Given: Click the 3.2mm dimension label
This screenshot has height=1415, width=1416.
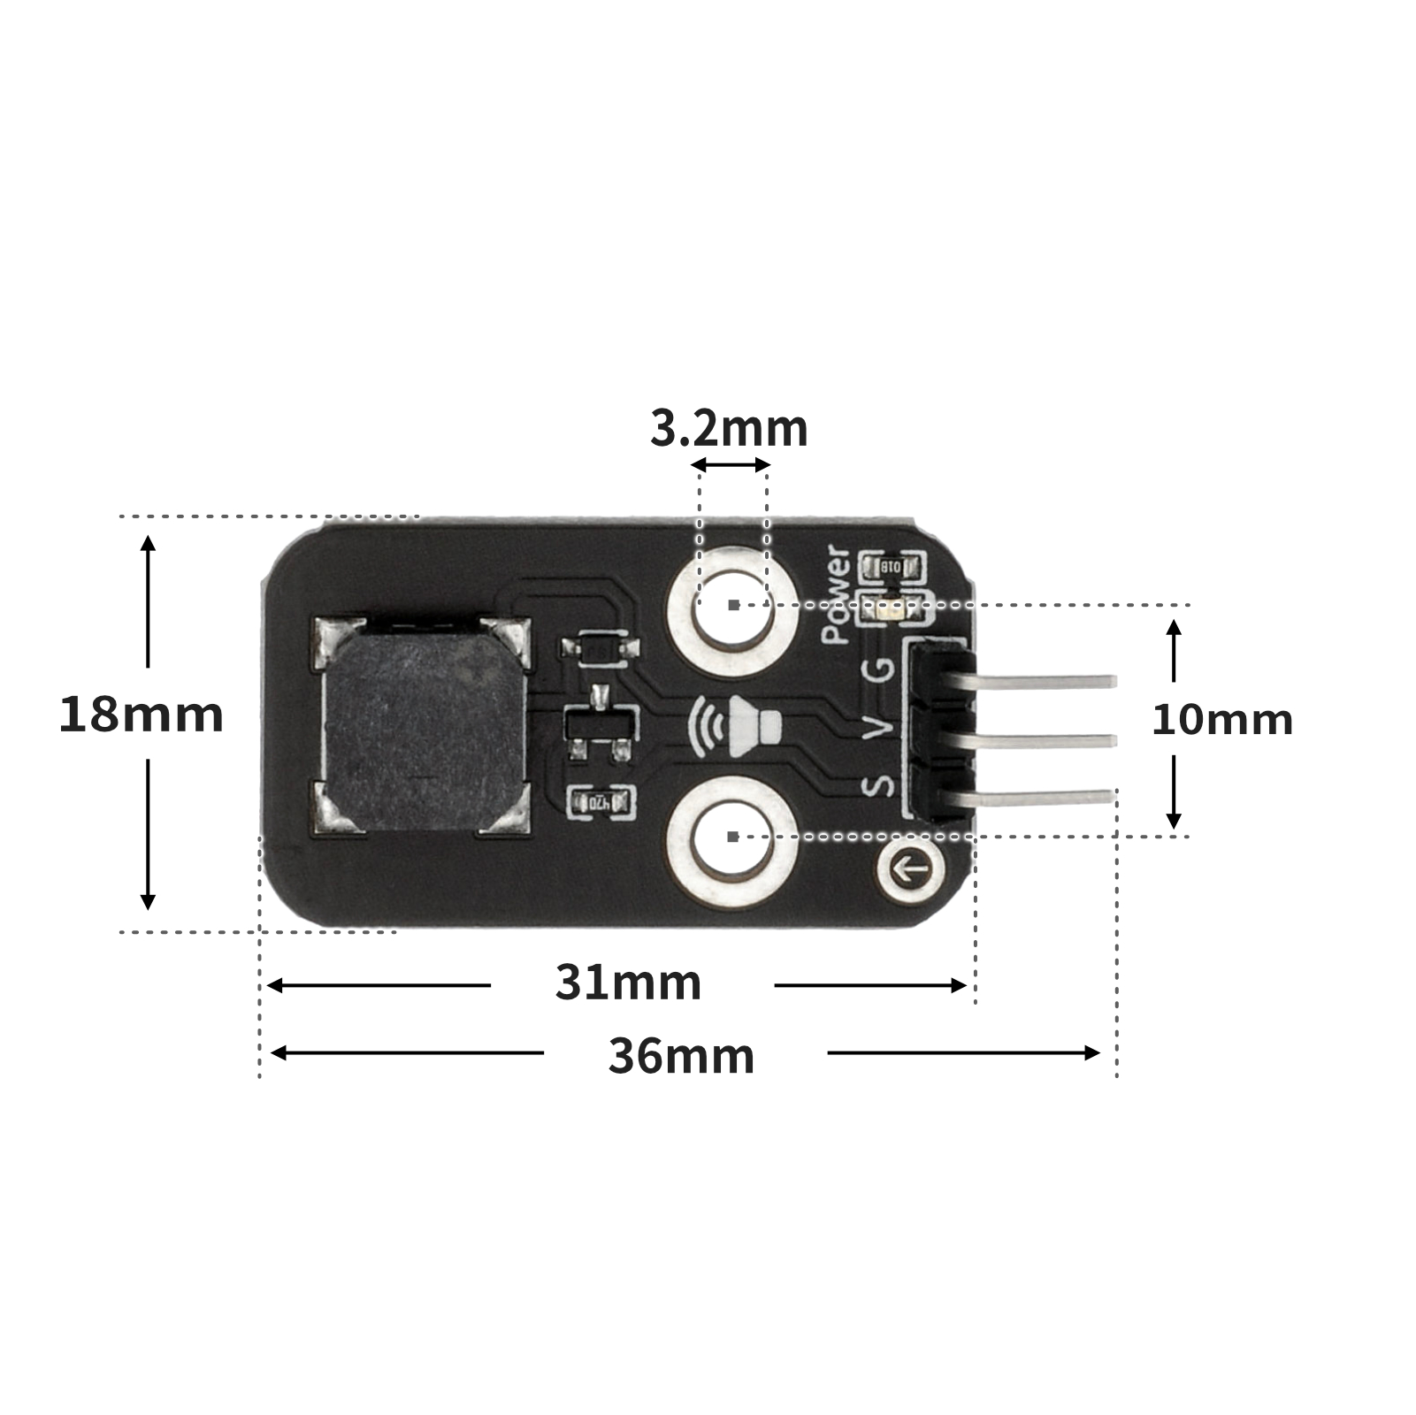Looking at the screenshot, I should (729, 429).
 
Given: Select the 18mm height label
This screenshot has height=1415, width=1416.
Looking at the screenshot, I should (141, 715).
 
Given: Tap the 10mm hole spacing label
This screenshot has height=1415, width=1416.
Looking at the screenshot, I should (1221, 720).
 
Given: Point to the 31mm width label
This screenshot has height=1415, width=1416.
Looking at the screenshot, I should (628, 983).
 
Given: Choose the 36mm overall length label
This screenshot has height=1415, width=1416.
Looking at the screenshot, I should (681, 1056).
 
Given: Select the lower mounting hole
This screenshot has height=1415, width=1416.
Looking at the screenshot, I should (732, 837).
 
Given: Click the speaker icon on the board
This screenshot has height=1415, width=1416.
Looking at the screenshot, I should (736, 726).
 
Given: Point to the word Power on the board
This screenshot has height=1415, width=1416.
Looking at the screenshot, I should (837, 594).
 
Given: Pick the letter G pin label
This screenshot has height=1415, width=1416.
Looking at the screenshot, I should (879, 670).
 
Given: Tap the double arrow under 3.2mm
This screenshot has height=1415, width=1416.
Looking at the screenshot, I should (731, 464).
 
